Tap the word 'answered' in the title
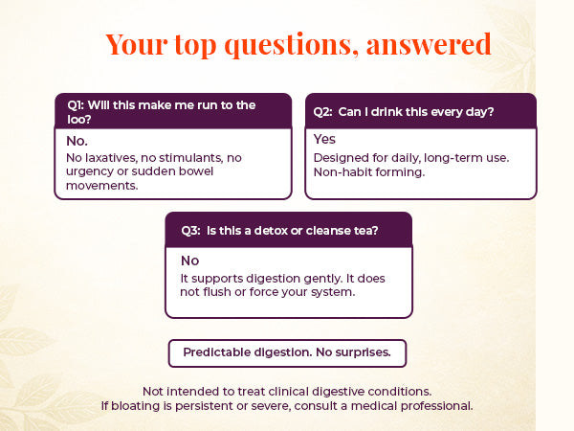[x=431, y=44]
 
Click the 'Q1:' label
[x=77, y=104]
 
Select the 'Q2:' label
[x=323, y=112]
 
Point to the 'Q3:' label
[x=192, y=230]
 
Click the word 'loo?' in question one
[x=86, y=119]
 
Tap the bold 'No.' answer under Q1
[x=77, y=140]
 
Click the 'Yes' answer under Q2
[x=324, y=140]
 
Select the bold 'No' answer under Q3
[x=189, y=260]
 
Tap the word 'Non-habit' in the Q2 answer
[x=343, y=172]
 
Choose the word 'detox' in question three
[x=277, y=230]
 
